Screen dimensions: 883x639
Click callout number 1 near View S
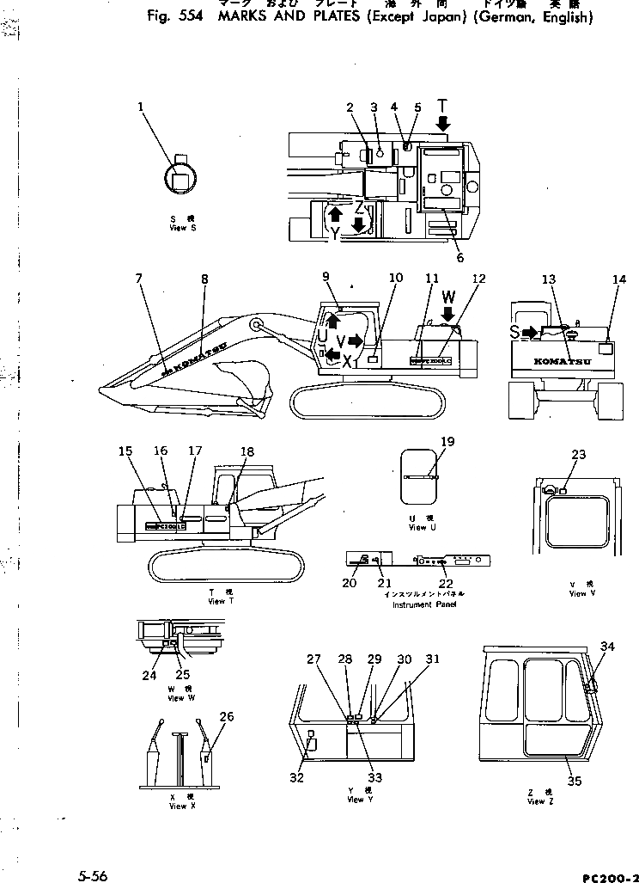pyautogui.click(x=140, y=107)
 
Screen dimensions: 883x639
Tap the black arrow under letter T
pyautogui.click(x=442, y=126)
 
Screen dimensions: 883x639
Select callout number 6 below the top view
pyautogui.click(x=459, y=257)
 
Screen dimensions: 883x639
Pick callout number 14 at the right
pyautogui.click(x=619, y=279)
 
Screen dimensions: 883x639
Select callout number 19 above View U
pyautogui.click(x=447, y=442)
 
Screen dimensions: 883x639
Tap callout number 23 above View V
pyautogui.click(x=578, y=455)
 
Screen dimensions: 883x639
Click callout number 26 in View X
pyautogui.click(x=226, y=717)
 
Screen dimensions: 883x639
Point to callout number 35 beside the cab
pyautogui.click(x=575, y=782)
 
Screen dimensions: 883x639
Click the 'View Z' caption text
pyautogui.click(x=536, y=801)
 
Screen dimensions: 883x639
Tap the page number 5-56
pyautogui.click(x=90, y=876)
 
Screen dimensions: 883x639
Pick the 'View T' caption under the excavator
pyautogui.click(x=216, y=601)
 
